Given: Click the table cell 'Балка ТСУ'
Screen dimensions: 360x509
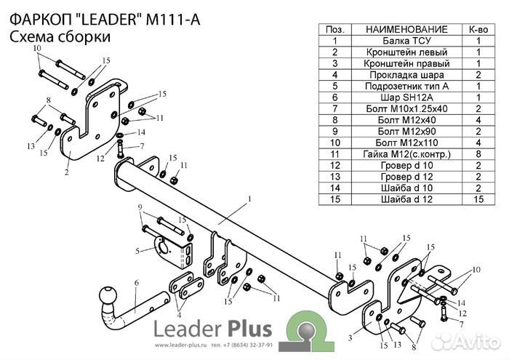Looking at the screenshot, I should (404, 41).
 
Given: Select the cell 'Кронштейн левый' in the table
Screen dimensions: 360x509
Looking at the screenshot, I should (404, 52).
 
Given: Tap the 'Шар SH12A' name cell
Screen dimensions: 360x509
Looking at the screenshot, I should (404, 97).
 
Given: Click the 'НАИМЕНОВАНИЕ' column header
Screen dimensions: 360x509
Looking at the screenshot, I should (404, 29).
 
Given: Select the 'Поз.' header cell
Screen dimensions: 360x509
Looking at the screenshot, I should (334, 29).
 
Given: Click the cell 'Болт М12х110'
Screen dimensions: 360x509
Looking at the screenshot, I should (404, 142).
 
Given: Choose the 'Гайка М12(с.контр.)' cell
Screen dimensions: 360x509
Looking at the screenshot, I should (404, 153).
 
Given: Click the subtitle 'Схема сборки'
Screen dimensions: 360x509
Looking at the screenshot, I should (60, 36).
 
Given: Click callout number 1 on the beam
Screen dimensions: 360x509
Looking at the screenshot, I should (248, 198).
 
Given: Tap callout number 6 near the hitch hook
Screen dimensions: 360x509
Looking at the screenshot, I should (135, 282).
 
